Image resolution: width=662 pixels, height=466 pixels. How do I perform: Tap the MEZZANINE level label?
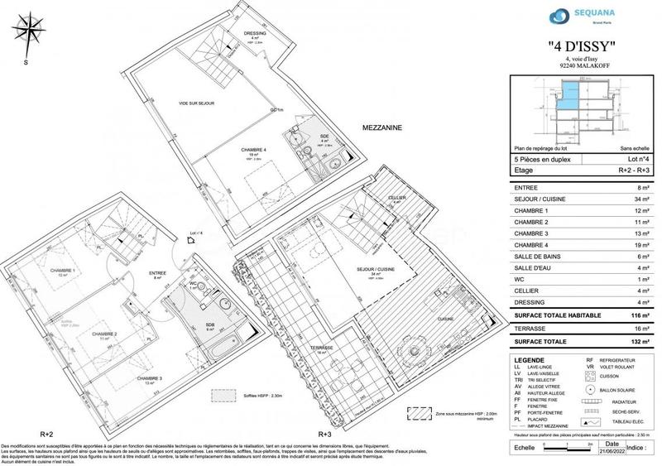coord(382,128)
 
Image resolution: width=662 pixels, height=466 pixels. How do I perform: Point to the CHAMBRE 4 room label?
coord(254,150)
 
